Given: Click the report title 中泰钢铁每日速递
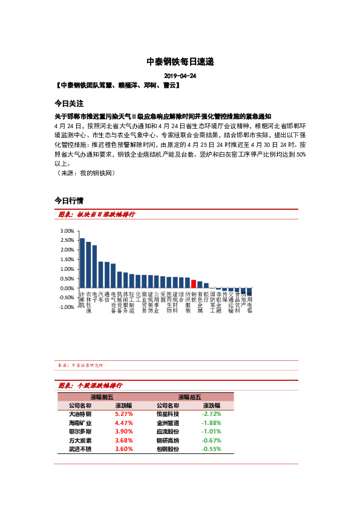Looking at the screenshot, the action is click(x=180, y=62).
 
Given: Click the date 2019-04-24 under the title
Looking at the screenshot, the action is click(x=180, y=76).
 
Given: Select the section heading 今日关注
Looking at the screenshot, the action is click(x=68, y=103).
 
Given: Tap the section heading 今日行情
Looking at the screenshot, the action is click(x=68, y=200).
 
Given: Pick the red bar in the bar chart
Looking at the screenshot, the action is click(x=194, y=284).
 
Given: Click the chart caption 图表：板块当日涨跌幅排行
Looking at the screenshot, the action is click(x=96, y=215).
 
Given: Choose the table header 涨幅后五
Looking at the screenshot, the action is click(x=189, y=397).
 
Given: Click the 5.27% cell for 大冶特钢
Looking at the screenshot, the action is click(x=123, y=414).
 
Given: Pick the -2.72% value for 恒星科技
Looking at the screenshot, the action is click(x=211, y=414).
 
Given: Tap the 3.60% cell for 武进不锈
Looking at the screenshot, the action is click(x=123, y=449).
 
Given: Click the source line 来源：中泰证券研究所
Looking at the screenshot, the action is click(x=80, y=366).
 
